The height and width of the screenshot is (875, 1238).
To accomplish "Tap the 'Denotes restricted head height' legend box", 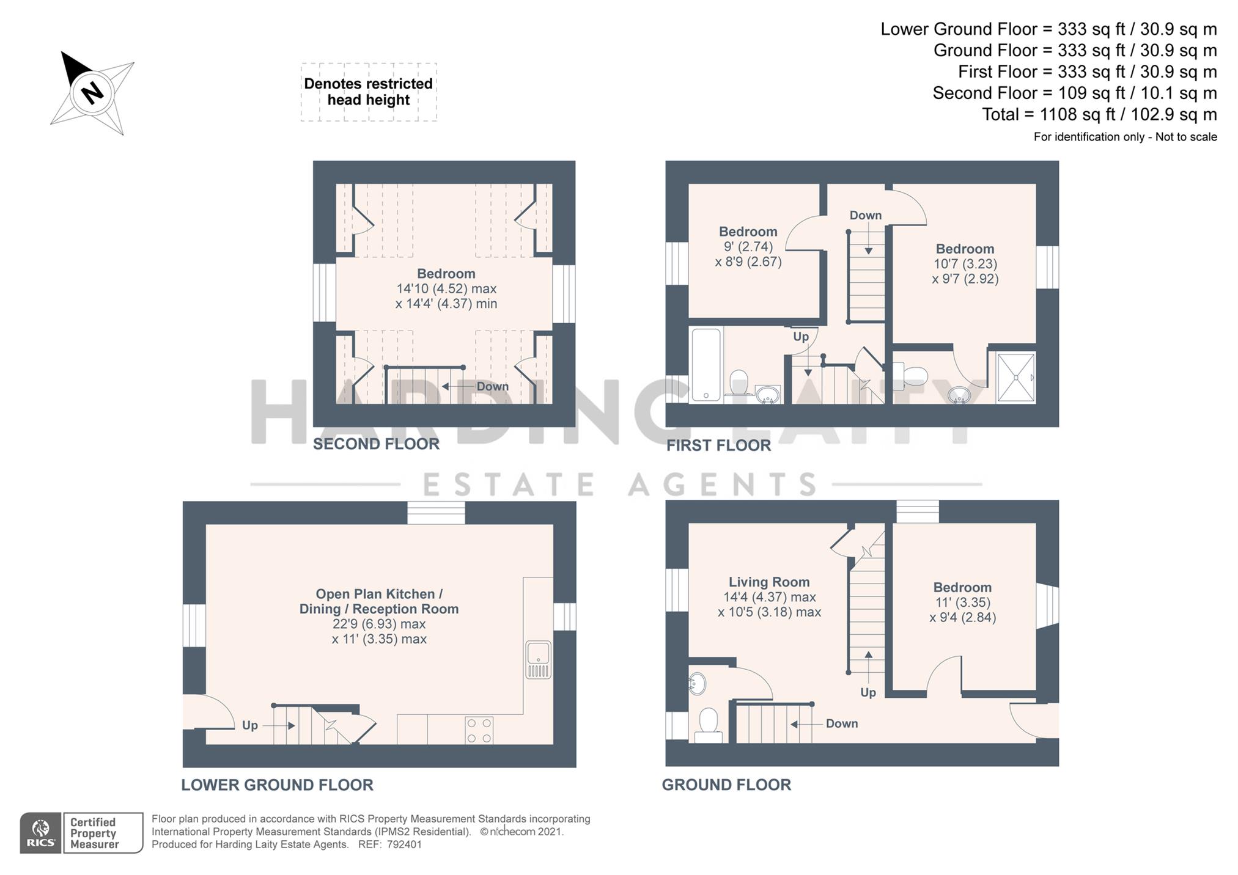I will click(x=368, y=92).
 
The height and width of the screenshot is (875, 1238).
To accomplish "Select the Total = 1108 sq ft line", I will click(x=1099, y=114).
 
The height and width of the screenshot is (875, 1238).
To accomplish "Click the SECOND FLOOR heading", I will click(x=376, y=444).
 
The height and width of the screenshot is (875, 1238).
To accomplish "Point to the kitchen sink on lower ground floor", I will click(x=538, y=659).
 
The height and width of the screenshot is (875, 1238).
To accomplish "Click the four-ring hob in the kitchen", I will click(x=479, y=730).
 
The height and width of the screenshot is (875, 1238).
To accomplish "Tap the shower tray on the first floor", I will click(x=1015, y=377).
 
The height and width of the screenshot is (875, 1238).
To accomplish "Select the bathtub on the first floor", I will click(x=706, y=365).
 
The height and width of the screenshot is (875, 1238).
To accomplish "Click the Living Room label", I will click(x=768, y=582).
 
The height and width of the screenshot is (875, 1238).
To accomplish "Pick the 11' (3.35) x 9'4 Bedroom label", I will click(x=962, y=602).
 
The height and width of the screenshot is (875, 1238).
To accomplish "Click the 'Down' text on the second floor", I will click(x=492, y=386).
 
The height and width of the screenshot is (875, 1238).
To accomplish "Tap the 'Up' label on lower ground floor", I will click(x=249, y=725).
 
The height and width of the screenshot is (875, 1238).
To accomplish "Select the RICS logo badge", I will click(x=41, y=832).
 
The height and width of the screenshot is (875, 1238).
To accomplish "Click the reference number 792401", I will click(x=404, y=844).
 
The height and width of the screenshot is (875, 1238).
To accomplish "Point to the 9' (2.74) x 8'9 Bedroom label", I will click(x=748, y=247).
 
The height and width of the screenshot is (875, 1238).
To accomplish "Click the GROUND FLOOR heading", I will click(x=726, y=785).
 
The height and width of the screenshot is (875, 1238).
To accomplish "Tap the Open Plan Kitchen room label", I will click(x=378, y=601).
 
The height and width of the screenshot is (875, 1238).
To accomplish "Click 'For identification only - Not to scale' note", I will click(x=1125, y=137).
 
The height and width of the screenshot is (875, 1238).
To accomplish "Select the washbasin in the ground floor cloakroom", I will click(x=697, y=684).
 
